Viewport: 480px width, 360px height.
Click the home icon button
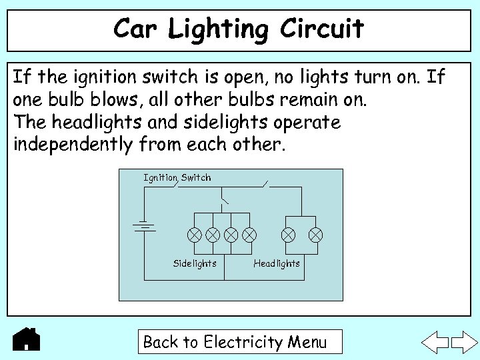[x=27, y=339]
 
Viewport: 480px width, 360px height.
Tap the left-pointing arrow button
[x=437, y=341]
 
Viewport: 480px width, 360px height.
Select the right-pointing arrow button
[x=465, y=341]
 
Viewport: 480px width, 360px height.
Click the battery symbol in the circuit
[x=145, y=227]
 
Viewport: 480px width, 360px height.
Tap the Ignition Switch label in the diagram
[x=177, y=177]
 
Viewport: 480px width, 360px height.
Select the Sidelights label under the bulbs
[x=195, y=263]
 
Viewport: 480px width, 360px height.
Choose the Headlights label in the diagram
[x=277, y=263]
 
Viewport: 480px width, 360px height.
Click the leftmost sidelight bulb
[x=194, y=235]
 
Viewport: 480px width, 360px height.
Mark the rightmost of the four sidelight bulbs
[x=249, y=235]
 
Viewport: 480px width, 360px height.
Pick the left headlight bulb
[x=288, y=235]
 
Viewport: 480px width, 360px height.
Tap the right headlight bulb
[x=316, y=235]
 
